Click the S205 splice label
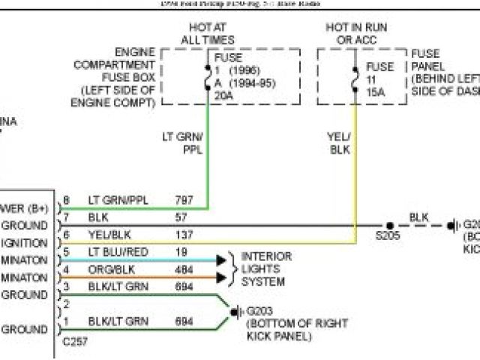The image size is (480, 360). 390,235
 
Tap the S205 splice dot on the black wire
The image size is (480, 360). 390,225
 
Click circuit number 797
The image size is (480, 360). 184,200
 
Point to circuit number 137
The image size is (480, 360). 184,235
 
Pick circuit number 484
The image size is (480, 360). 184,269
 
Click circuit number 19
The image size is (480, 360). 182,252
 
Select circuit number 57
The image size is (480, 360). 182,217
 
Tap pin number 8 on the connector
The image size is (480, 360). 67,200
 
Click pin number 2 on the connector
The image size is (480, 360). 67,304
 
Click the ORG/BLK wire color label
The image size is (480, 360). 109,269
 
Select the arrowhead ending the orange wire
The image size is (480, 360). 221,277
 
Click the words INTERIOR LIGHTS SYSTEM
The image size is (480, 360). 265,269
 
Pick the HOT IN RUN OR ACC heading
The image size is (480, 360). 356,33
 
